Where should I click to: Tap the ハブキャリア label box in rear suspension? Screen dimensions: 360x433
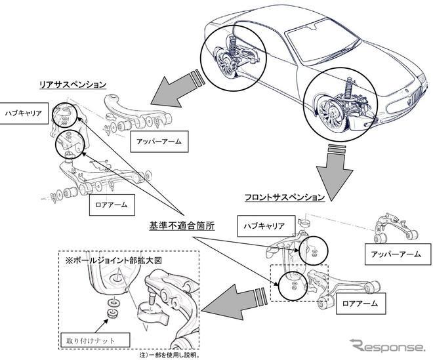click(x=26, y=112)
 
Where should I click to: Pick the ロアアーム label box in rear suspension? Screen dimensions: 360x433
click(x=113, y=205)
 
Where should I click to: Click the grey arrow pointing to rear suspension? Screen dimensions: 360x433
click(x=172, y=92)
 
